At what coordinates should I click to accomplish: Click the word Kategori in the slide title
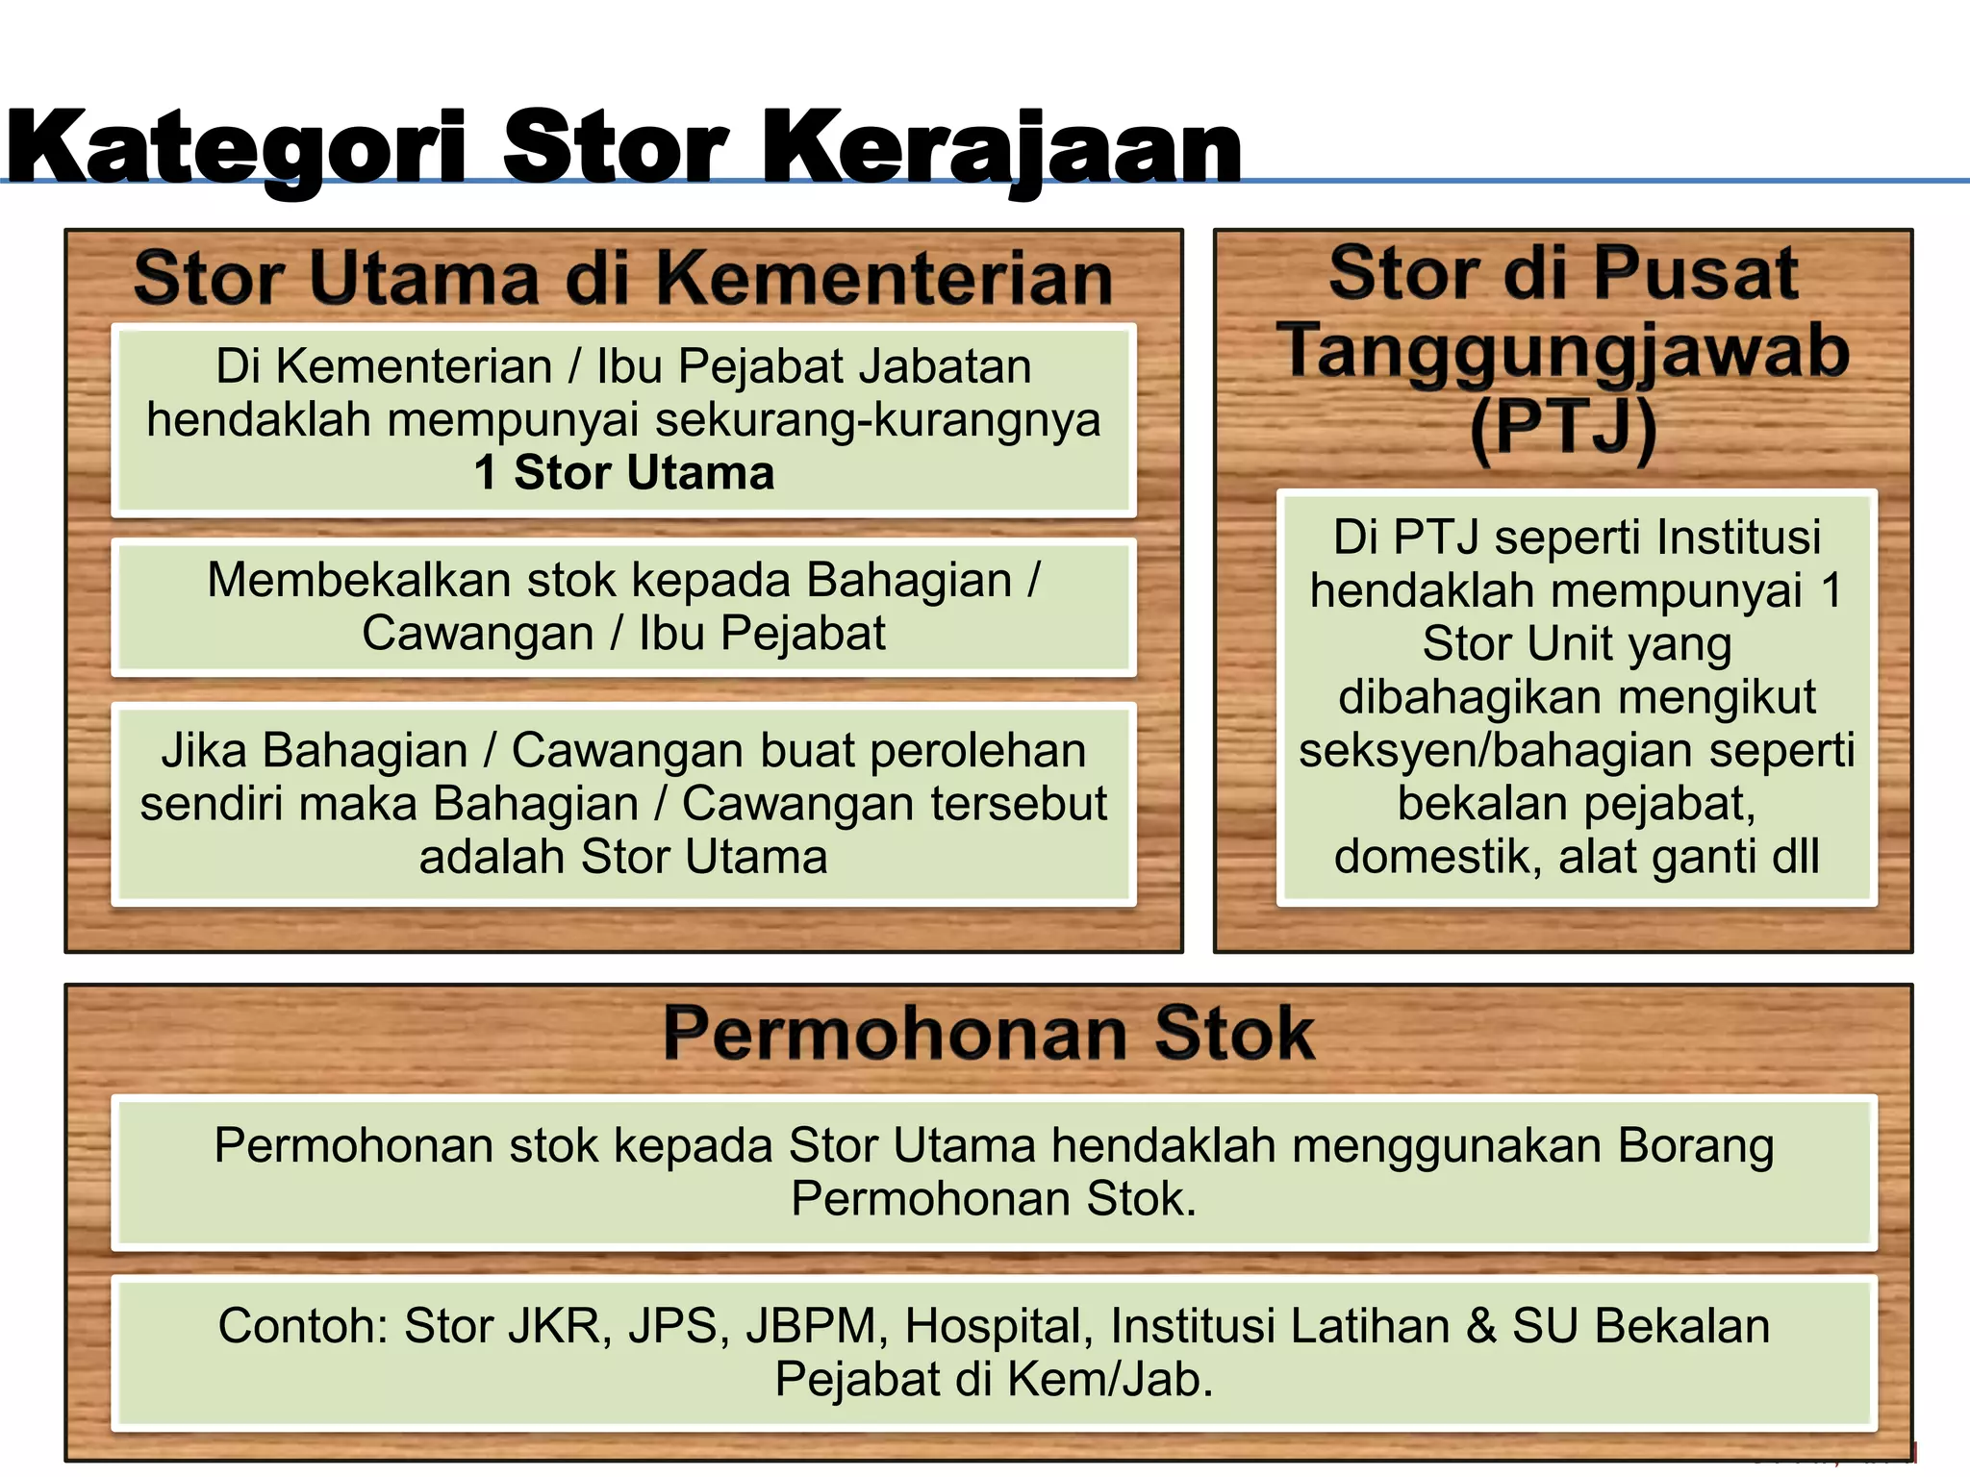[x=236, y=147]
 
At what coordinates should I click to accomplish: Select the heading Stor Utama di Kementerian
[x=623, y=279]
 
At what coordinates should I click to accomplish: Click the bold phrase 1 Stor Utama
[x=623, y=473]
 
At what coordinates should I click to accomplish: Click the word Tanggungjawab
[x=1563, y=352]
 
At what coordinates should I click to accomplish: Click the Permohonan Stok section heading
[x=988, y=1034]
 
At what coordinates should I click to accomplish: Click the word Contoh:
[x=302, y=1326]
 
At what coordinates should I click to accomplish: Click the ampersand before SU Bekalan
[x=1482, y=1326]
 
